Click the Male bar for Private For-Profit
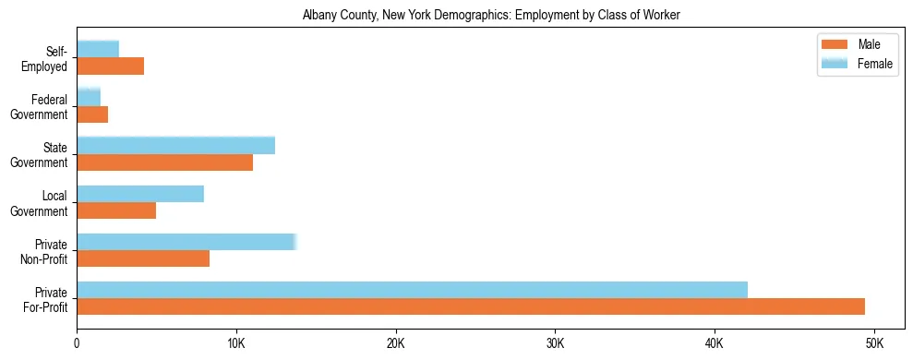(x=471, y=306)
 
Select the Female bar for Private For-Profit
(x=412, y=290)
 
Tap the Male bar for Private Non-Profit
(x=143, y=258)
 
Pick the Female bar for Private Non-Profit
(x=186, y=242)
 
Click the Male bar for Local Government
(x=116, y=210)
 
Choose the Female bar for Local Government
(x=140, y=194)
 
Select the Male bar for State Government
(x=164, y=162)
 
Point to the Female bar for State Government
(x=175, y=146)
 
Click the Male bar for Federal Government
(x=92, y=114)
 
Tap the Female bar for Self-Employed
(x=98, y=49)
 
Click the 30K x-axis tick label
(x=555, y=342)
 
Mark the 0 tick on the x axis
(x=77, y=342)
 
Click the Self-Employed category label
(x=45, y=58)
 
